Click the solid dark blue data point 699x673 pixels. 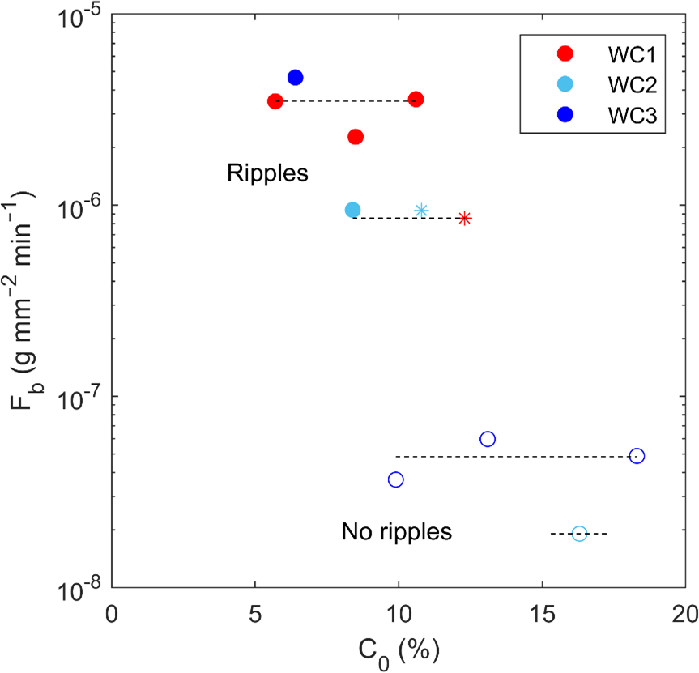(x=296, y=78)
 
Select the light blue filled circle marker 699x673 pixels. (x=352, y=210)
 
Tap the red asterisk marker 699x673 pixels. (x=464, y=218)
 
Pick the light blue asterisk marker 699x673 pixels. (x=421, y=211)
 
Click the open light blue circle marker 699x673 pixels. (x=579, y=533)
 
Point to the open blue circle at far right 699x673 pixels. (x=637, y=456)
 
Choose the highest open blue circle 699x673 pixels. (x=488, y=439)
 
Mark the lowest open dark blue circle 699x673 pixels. (x=396, y=479)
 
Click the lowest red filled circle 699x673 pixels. (x=356, y=137)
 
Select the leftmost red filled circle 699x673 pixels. (x=275, y=101)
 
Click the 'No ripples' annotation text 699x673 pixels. (x=396, y=532)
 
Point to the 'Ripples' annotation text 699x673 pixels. (x=267, y=173)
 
